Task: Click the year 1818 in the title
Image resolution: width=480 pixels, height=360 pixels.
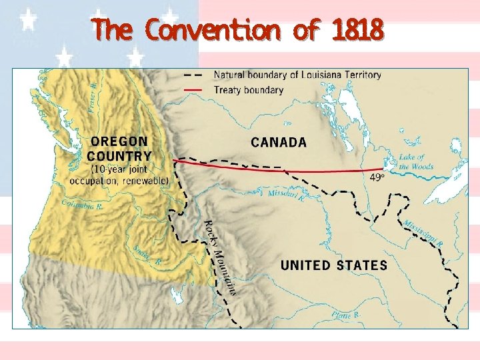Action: click(357, 30)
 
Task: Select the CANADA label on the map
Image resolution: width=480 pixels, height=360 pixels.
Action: click(279, 142)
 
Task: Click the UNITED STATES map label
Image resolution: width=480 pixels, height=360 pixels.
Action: click(333, 265)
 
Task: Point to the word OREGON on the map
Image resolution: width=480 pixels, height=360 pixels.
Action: click(119, 142)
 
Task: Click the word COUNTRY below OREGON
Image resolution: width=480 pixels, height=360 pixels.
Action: click(120, 156)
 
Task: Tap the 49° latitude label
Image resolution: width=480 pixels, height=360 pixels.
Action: click(377, 177)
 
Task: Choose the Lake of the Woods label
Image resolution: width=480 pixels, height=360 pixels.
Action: click(415, 162)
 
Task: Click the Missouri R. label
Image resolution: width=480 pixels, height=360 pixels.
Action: click(286, 195)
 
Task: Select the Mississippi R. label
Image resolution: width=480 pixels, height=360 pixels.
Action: click(422, 233)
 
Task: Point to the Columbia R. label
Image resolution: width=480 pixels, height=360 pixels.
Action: click(86, 205)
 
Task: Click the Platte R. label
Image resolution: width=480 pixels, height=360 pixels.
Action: click(347, 314)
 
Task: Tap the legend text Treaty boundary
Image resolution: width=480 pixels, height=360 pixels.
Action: click(248, 90)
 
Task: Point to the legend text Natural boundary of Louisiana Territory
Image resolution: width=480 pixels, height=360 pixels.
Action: click(297, 75)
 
